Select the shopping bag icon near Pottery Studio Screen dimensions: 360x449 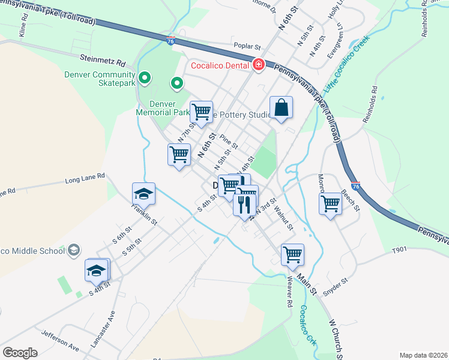click(281, 108)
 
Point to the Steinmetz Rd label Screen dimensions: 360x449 click(103, 61)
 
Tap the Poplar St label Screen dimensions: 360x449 click(249, 47)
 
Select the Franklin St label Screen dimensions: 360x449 click(145, 214)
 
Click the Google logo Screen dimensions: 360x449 click(20, 352)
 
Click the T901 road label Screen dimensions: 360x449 click(399, 251)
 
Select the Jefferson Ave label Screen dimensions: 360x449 click(60, 340)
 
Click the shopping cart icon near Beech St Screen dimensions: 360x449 click(331, 203)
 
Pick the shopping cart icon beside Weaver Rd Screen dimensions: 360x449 click(292, 254)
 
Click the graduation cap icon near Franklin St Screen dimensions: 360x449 click(144, 193)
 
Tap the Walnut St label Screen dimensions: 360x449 click(283, 218)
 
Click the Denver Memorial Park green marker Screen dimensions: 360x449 click(177, 84)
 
